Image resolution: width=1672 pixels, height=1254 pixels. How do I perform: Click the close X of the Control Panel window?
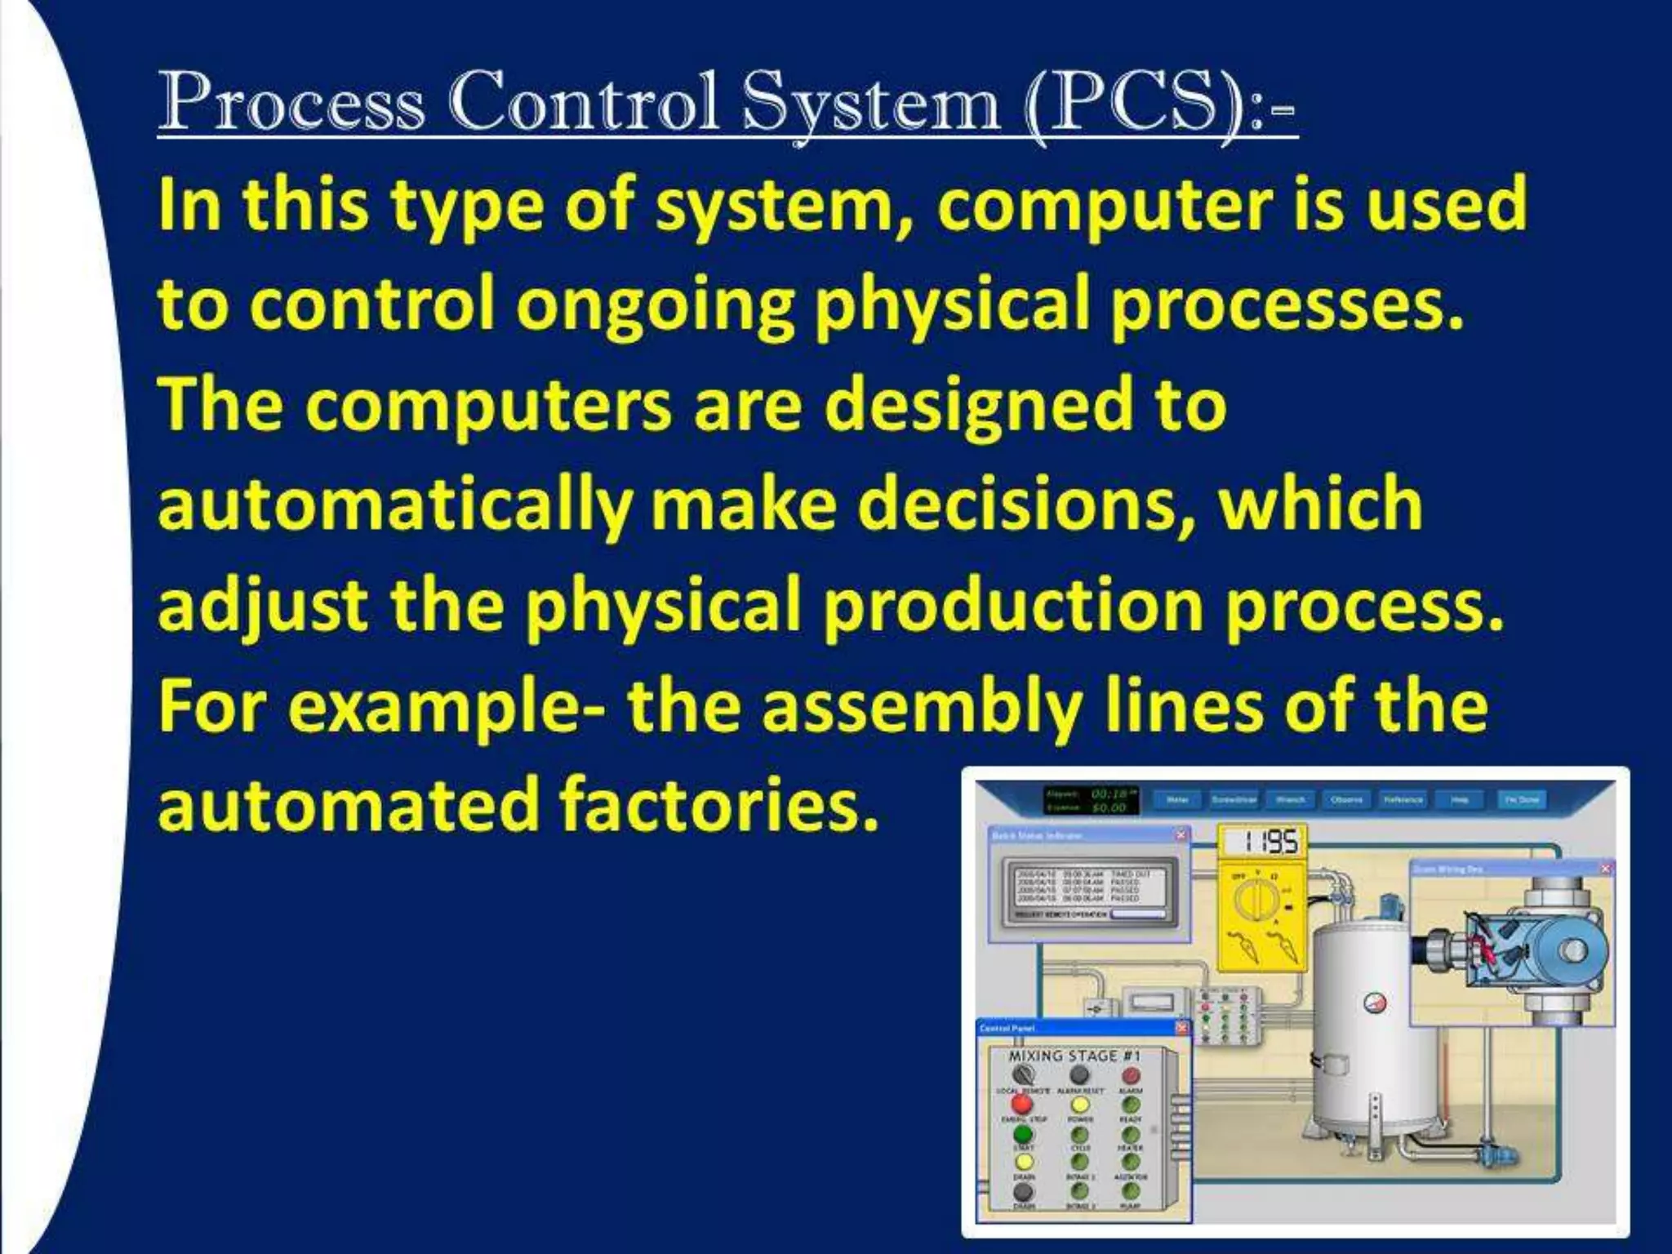click(x=1181, y=1028)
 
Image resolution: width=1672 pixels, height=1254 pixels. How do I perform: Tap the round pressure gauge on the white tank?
click(x=1374, y=1002)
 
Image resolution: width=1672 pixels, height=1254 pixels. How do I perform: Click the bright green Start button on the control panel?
click(x=1022, y=1134)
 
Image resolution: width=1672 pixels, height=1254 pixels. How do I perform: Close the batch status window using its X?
click(x=1181, y=834)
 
